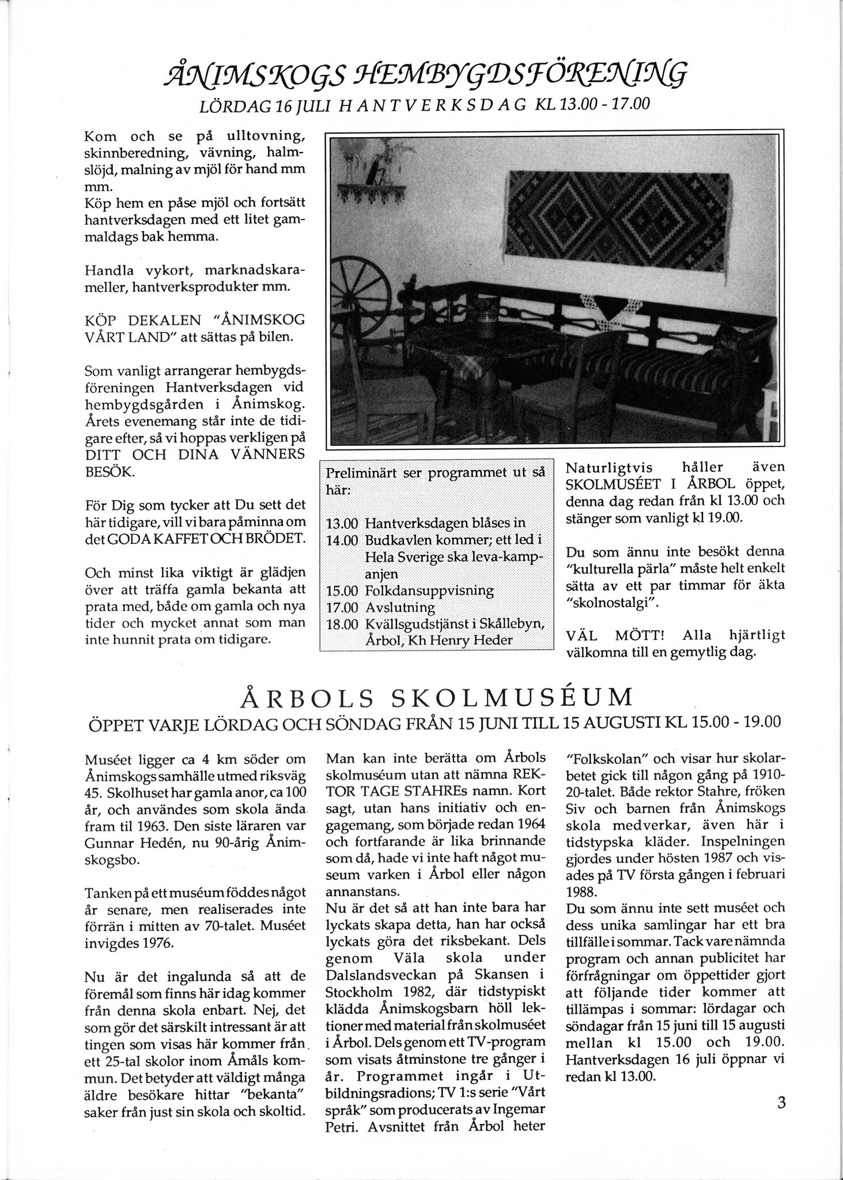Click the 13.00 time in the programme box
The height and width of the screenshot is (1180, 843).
pos(342,524)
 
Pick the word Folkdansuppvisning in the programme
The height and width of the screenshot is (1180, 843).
pos(429,591)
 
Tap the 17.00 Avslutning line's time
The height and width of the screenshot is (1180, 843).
pos(342,607)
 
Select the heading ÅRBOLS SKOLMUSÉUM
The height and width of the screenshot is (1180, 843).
pos(436,699)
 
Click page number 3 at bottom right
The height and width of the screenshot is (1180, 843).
pos(781,1103)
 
